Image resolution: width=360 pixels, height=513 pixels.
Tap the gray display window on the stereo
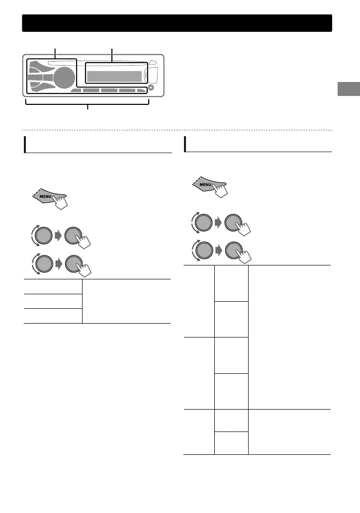click(x=114, y=77)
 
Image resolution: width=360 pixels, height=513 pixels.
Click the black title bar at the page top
click(x=177, y=23)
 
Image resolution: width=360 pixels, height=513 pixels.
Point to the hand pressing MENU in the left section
click(x=62, y=203)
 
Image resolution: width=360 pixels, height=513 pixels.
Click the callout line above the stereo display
click(x=112, y=54)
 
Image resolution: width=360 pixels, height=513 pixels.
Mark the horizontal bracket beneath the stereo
click(x=88, y=104)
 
